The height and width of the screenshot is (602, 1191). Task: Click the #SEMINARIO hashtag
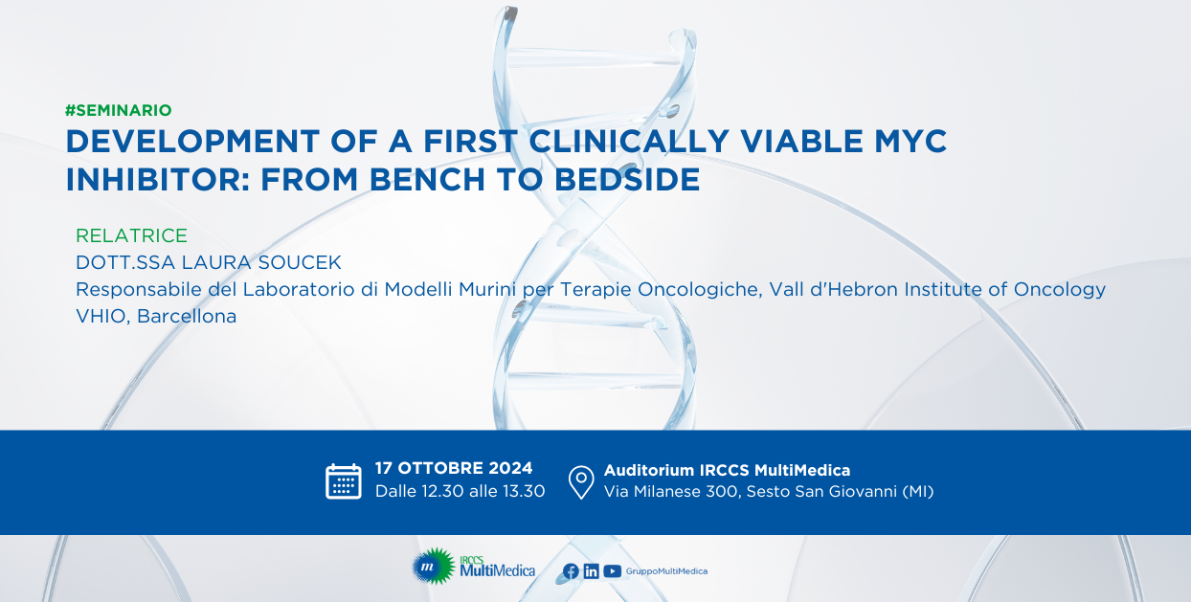(118, 110)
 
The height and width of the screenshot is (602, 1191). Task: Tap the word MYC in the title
(910, 142)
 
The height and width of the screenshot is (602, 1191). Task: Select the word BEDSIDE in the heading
(627, 180)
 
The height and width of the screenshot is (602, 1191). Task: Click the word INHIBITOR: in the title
(158, 180)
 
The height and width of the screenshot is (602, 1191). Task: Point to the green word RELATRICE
(131, 235)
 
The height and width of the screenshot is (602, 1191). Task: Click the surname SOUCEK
(300, 262)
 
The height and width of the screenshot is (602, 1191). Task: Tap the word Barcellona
(187, 316)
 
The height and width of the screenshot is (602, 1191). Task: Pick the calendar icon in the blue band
(344, 481)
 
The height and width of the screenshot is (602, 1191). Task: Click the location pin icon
(581, 482)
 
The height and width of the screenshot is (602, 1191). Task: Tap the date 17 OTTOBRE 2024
(454, 468)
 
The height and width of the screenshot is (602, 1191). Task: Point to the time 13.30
(524, 491)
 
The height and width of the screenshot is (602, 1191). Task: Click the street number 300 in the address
(723, 492)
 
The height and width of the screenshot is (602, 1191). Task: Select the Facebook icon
(571, 571)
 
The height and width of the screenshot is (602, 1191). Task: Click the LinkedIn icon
(592, 571)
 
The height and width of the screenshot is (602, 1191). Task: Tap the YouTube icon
(613, 571)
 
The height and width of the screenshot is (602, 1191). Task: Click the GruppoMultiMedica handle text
(666, 571)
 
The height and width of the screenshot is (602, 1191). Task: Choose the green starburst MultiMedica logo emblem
(433, 567)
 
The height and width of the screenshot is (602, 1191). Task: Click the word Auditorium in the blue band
(649, 470)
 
